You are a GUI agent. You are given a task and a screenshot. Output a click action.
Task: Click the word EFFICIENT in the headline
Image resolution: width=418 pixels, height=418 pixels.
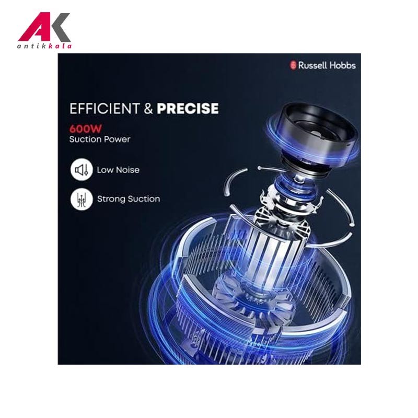104,109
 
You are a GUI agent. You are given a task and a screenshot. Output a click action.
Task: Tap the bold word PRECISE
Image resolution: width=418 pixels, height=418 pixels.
188,109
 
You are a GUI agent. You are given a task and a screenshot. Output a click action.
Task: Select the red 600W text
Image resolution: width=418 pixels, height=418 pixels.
86,129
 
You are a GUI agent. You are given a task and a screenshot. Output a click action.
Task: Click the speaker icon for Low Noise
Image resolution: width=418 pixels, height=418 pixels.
82,170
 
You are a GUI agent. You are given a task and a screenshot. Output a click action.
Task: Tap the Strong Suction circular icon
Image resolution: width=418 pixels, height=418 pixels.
82,199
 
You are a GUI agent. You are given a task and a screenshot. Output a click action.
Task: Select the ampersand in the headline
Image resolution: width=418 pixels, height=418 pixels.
148,109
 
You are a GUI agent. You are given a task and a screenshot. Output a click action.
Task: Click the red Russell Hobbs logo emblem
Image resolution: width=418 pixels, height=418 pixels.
293,65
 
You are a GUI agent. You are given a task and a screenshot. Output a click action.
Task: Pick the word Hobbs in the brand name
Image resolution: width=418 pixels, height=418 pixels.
341,65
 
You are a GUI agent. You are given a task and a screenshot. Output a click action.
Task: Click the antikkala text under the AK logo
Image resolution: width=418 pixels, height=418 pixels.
44,46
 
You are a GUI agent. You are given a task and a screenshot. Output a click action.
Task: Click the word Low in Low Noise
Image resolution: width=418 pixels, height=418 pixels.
105,170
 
